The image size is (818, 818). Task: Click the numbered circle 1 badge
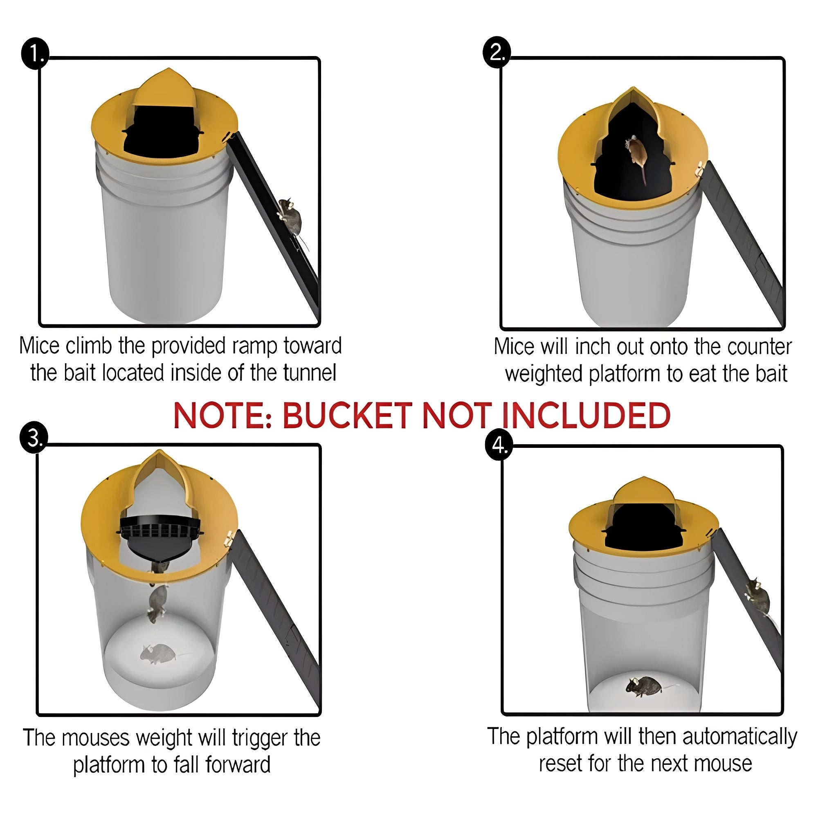point(35,54)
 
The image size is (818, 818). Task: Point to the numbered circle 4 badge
point(499,446)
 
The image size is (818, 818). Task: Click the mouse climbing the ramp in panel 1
point(290,217)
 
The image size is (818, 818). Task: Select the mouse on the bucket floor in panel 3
point(157,653)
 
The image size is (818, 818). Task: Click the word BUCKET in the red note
point(347,416)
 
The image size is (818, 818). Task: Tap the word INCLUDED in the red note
point(586,416)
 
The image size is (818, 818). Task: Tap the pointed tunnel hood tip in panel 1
point(169,70)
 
